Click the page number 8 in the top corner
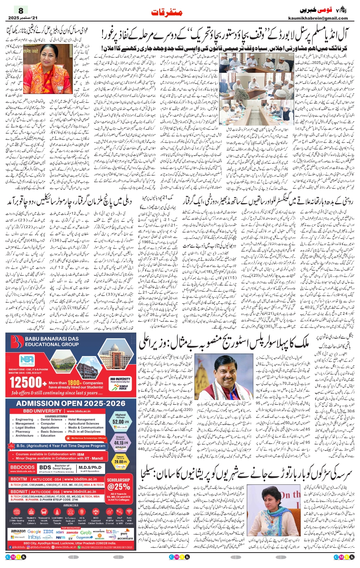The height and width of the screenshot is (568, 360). [x=21, y=10]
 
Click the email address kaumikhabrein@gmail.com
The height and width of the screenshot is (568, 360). [x=318, y=18]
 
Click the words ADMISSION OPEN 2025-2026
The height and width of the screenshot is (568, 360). [x=71, y=403]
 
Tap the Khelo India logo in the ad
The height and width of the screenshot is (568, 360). [x=123, y=387]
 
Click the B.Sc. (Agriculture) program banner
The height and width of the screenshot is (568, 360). [x=61, y=445]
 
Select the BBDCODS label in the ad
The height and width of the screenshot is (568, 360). [x=22, y=467]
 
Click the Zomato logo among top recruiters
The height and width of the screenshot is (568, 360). [x=72, y=532]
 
